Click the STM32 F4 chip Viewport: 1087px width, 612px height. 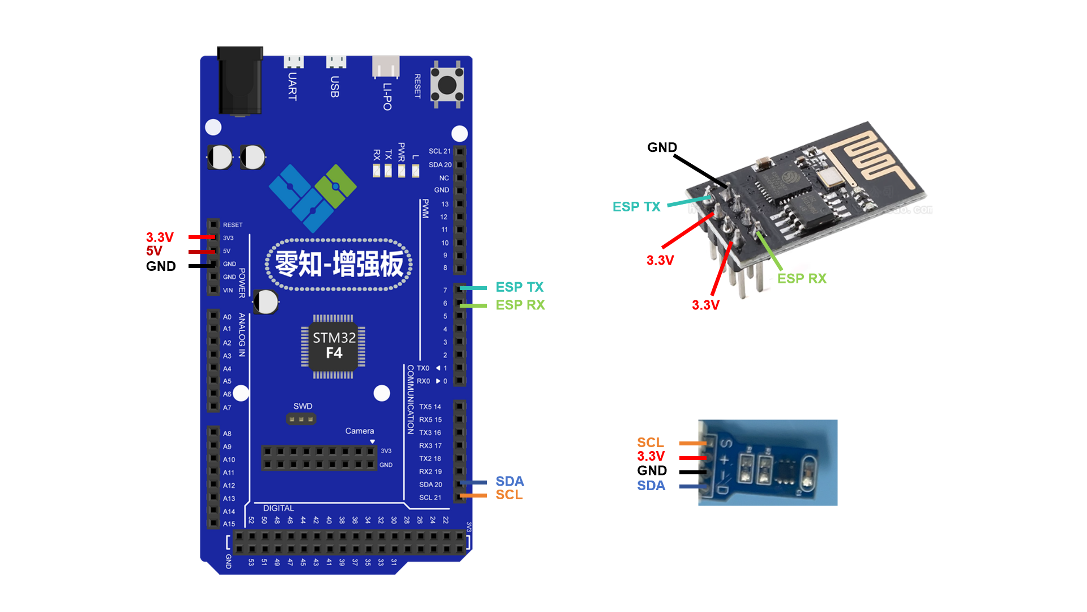pos(333,345)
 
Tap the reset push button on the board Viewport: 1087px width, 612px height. pos(447,86)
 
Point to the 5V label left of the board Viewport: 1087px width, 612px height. pos(154,251)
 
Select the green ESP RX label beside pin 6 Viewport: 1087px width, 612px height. pos(520,305)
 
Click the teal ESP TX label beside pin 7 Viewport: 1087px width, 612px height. pos(519,287)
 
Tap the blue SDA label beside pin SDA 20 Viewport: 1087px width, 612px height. pos(510,482)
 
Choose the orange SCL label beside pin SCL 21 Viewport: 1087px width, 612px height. pos(509,495)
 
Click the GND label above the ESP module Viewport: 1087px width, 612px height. pos(662,147)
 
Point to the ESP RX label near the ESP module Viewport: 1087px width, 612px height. pos(802,279)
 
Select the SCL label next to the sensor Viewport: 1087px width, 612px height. pos(650,443)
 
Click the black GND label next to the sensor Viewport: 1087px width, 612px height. pos(652,470)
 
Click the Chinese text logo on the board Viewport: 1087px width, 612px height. pos(339,265)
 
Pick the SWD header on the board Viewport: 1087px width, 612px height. pos(301,419)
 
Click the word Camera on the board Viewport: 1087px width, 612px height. pos(360,431)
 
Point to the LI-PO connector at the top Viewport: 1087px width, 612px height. pos(386,67)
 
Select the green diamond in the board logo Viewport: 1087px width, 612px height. pos(336,186)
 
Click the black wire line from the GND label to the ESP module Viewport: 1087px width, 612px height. pos(700,171)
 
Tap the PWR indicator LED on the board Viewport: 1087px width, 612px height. pos(401,171)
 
